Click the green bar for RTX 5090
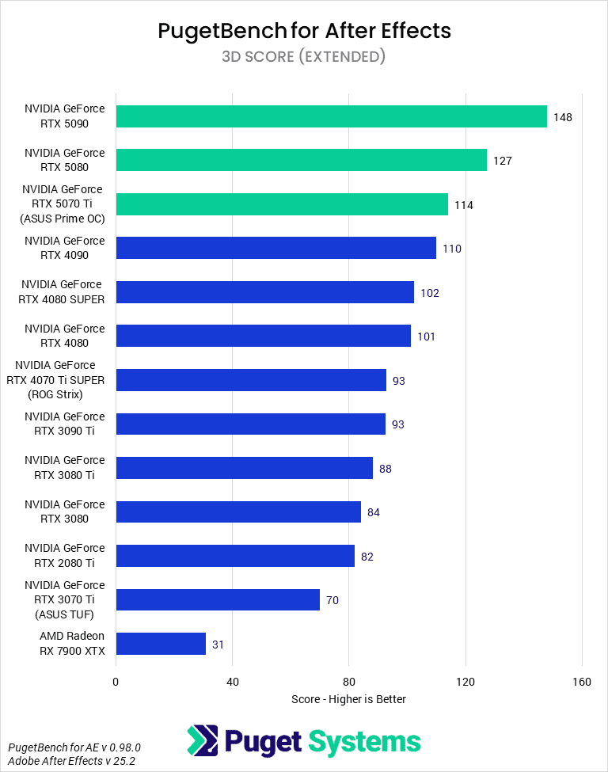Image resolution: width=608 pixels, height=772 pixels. [x=331, y=116]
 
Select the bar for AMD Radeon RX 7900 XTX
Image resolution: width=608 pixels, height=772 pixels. [x=161, y=644]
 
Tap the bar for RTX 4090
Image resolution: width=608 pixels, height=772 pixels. [x=275, y=248]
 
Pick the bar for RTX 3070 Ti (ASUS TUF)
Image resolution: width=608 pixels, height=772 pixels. [x=218, y=600]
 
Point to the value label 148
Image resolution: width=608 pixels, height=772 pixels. [x=563, y=117]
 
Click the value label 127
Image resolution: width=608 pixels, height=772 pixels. [x=503, y=161]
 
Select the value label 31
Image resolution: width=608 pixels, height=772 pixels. [x=218, y=645]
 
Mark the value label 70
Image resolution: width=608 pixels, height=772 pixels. [x=332, y=600]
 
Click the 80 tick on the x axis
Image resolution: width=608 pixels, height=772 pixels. [x=349, y=682]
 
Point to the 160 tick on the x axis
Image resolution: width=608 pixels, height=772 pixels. [x=582, y=682]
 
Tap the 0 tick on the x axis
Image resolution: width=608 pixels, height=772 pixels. [x=116, y=682]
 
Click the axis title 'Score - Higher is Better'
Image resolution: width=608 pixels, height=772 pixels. [x=348, y=699]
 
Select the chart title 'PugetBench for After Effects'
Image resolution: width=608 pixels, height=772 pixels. [x=304, y=31]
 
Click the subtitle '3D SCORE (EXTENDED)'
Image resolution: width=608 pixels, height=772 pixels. [x=304, y=56]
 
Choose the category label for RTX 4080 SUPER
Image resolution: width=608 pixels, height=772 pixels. [x=62, y=291]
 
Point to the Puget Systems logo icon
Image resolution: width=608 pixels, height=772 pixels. [x=202, y=741]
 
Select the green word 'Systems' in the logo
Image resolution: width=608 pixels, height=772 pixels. [x=364, y=742]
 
